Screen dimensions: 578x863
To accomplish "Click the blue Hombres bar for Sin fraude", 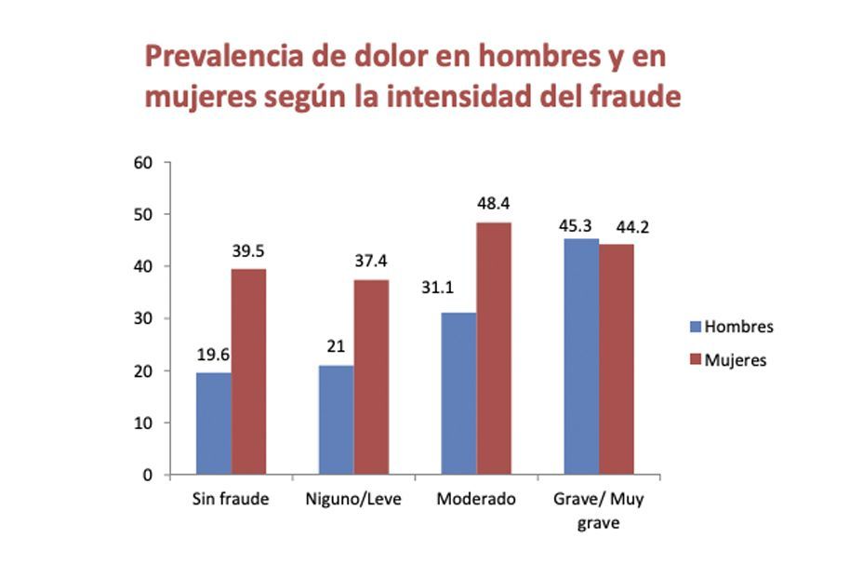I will point(213,423).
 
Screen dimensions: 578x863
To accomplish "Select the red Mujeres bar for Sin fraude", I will point(248,372).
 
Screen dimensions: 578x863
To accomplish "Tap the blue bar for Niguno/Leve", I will point(336,420).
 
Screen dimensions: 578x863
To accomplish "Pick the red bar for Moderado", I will point(493,348).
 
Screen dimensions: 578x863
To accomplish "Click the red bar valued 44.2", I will point(616,359).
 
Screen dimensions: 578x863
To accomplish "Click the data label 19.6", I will point(213,354).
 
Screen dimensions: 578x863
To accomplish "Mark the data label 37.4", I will point(371,262).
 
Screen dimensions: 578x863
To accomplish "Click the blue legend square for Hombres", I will point(695,327).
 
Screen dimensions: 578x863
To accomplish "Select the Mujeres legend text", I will point(736,360).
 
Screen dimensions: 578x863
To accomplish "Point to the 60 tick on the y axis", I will point(143,163).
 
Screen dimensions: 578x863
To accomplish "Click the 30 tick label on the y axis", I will point(143,319).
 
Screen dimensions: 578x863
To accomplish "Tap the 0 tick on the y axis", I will point(147,475).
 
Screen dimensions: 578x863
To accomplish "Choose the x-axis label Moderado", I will point(475,500).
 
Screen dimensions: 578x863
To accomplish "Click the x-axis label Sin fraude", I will point(231,500).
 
